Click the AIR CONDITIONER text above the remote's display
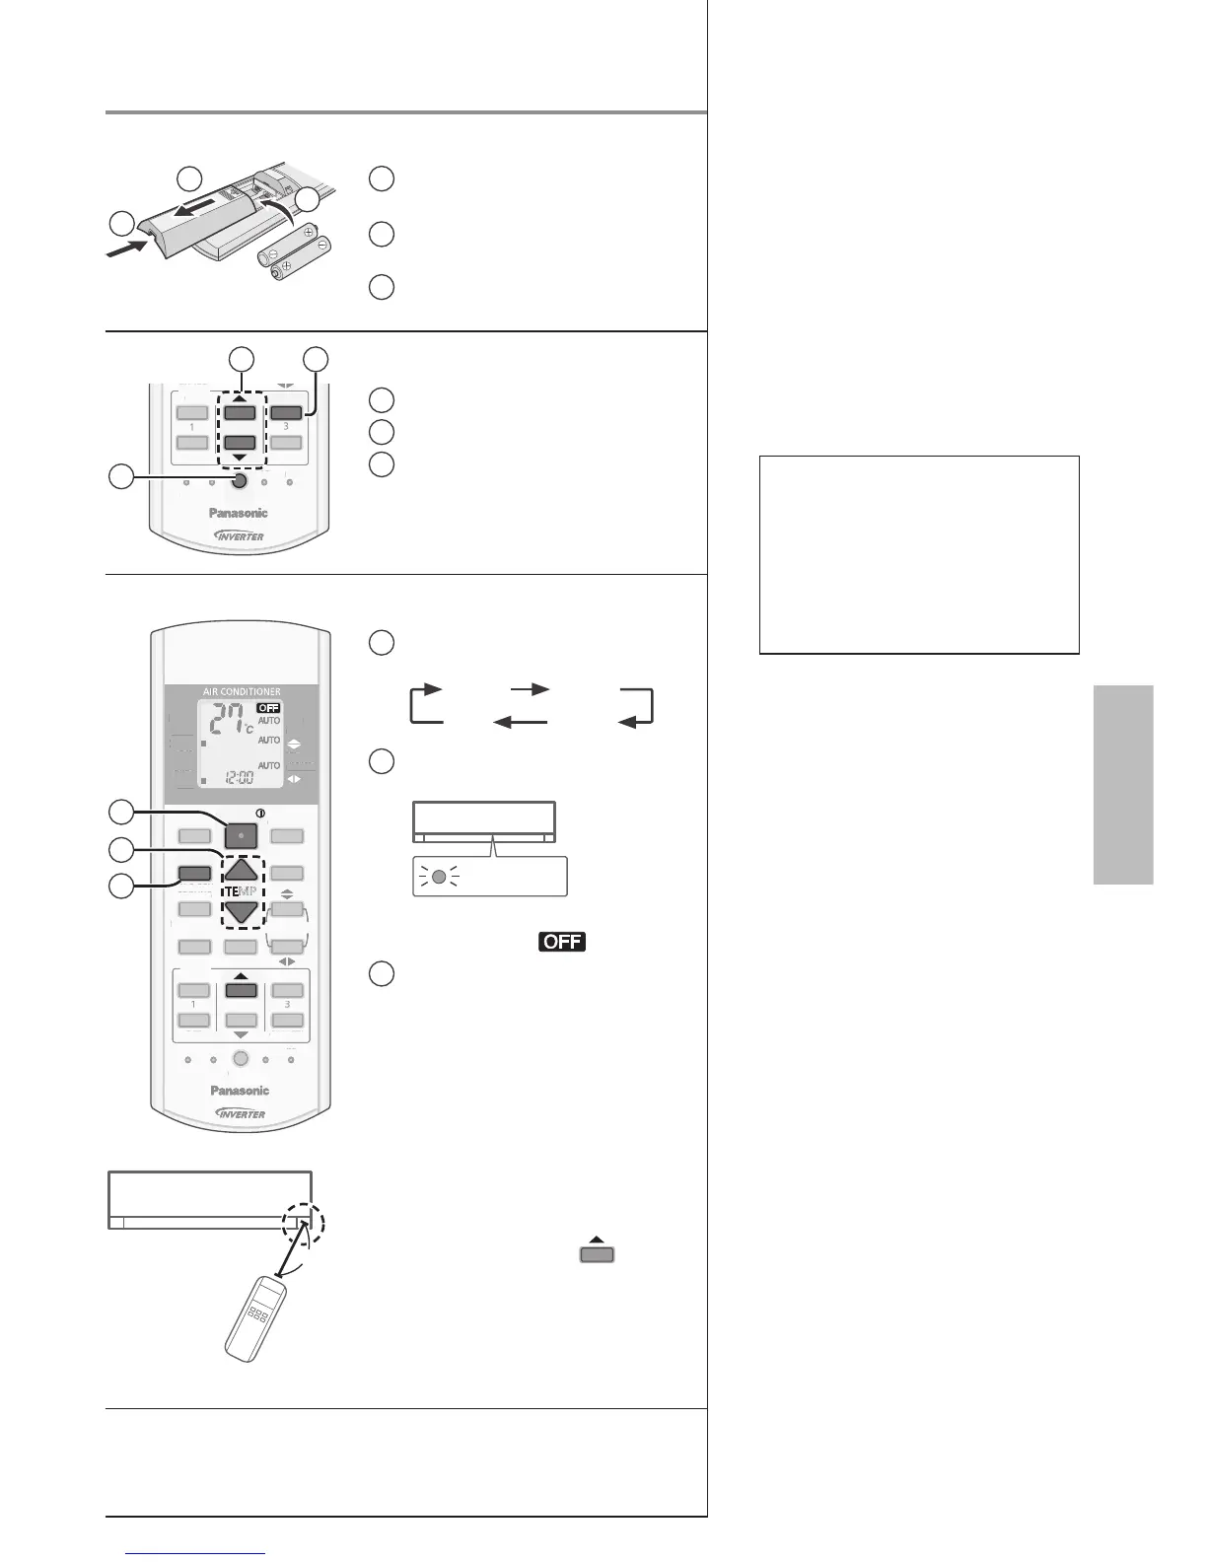pyautogui.click(x=243, y=691)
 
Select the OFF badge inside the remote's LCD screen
pyautogui.click(x=268, y=708)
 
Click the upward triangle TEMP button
pyautogui.click(x=241, y=869)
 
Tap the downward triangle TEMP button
pyautogui.click(x=241, y=911)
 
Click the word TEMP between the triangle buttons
pyautogui.click(x=241, y=890)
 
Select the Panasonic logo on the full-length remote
pyautogui.click(x=240, y=1090)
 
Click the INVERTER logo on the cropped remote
pyautogui.click(x=239, y=535)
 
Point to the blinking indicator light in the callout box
pyautogui.click(x=440, y=876)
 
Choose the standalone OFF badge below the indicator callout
pyautogui.click(x=562, y=941)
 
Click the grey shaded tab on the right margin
pyautogui.click(x=1123, y=784)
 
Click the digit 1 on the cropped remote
pyautogui.click(x=192, y=427)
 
